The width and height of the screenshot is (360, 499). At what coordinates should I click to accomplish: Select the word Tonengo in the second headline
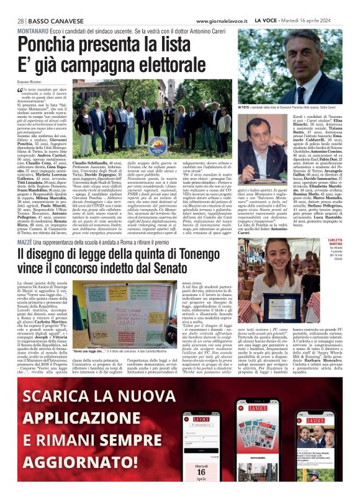click(x=231, y=254)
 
